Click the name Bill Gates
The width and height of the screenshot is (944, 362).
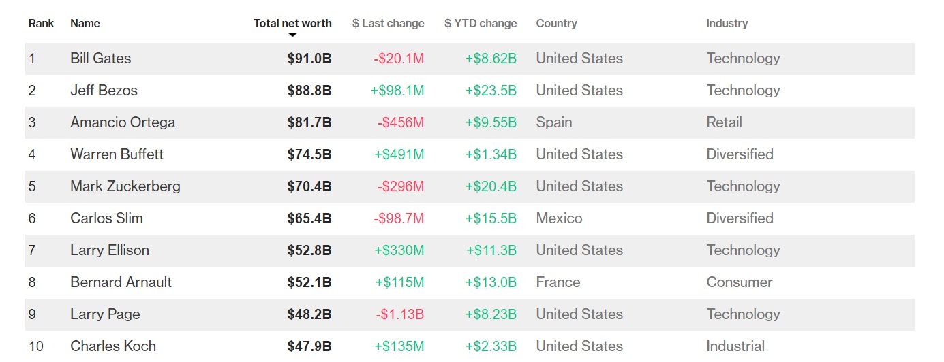pyautogui.click(x=100, y=59)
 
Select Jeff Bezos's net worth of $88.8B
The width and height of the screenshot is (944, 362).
pyautogui.click(x=309, y=90)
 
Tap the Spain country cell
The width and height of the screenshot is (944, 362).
pyautogui.click(x=553, y=122)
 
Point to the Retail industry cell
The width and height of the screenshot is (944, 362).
pyautogui.click(x=724, y=122)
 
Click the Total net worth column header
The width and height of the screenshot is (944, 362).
pyautogui.click(x=292, y=23)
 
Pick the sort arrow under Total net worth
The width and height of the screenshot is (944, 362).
pyautogui.click(x=292, y=35)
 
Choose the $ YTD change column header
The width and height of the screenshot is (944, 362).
pyautogui.click(x=480, y=23)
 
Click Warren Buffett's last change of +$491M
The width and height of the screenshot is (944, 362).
pyautogui.click(x=399, y=154)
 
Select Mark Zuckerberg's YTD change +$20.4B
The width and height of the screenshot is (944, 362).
pyautogui.click(x=491, y=186)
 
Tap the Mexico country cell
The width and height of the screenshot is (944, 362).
pyautogui.click(x=559, y=218)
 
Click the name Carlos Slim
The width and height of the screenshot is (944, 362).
pyautogui.click(x=106, y=218)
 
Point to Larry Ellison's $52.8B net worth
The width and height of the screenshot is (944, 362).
pyautogui.click(x=309, y=250)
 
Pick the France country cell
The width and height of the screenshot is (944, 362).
pyautogui.click(x=558, y=282)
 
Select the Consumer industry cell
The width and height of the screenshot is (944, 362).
pyautogui.click(x=739, y=282)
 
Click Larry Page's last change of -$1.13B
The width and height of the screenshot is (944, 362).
pyautogui.click(x=399, y=314)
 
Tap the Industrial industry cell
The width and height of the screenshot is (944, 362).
pyautogui.click(x=735, y=346)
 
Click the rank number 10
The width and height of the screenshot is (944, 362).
pyautogui.click(x=35, y=346)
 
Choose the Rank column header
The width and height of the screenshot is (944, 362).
pyautogui.click(x=41, y=23)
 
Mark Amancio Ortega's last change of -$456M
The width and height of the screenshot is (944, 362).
pyautogui.click(x=400, y=122)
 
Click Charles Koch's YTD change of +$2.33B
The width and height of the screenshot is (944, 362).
pyautogui.click(x=491, y=346)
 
